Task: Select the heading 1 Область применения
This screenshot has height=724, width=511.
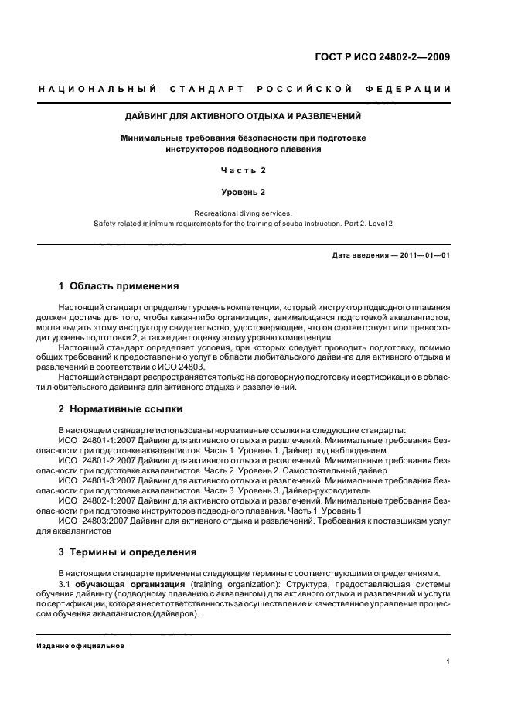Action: pos(119,285)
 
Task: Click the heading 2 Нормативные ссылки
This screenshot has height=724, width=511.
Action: pos(121,409)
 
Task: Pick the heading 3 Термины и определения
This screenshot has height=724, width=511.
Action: pos(128,552)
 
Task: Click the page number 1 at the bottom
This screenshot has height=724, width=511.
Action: pos(448,661)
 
